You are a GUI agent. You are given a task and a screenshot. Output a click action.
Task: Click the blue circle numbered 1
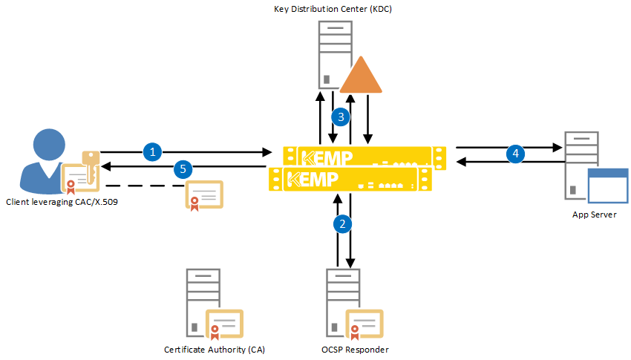(x=152, y=152)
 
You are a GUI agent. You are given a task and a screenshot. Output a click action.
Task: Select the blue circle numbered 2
(x=343, y=223)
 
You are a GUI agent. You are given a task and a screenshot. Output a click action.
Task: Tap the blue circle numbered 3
(x=341, y=117)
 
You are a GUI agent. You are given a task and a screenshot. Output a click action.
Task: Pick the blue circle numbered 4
(x=515, y=154)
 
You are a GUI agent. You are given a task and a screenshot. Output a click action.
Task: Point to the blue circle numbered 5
(x=183, y=169)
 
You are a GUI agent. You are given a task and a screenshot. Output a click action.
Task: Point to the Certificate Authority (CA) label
(x=214, y=349)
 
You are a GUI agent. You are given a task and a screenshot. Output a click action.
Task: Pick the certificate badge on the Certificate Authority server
(x=225, y=324)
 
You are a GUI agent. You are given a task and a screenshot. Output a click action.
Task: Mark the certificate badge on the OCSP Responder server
(x=364, y=324)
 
